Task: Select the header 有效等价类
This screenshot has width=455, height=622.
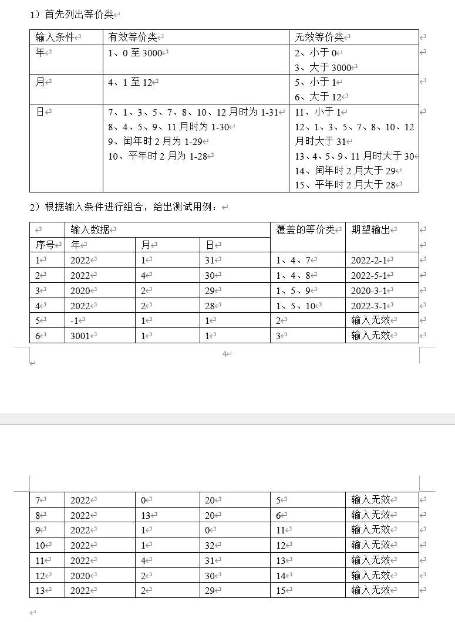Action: [133, 38]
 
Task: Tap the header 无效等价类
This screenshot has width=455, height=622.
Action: [319, 38]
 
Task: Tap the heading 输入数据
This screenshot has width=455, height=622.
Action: [90, 230]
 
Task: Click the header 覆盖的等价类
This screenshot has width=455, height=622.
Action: [305, 230]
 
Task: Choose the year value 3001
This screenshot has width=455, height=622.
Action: [80, 336]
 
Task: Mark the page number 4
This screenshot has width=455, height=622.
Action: [224, 354]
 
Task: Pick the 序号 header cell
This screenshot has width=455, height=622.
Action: [45, 245]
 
